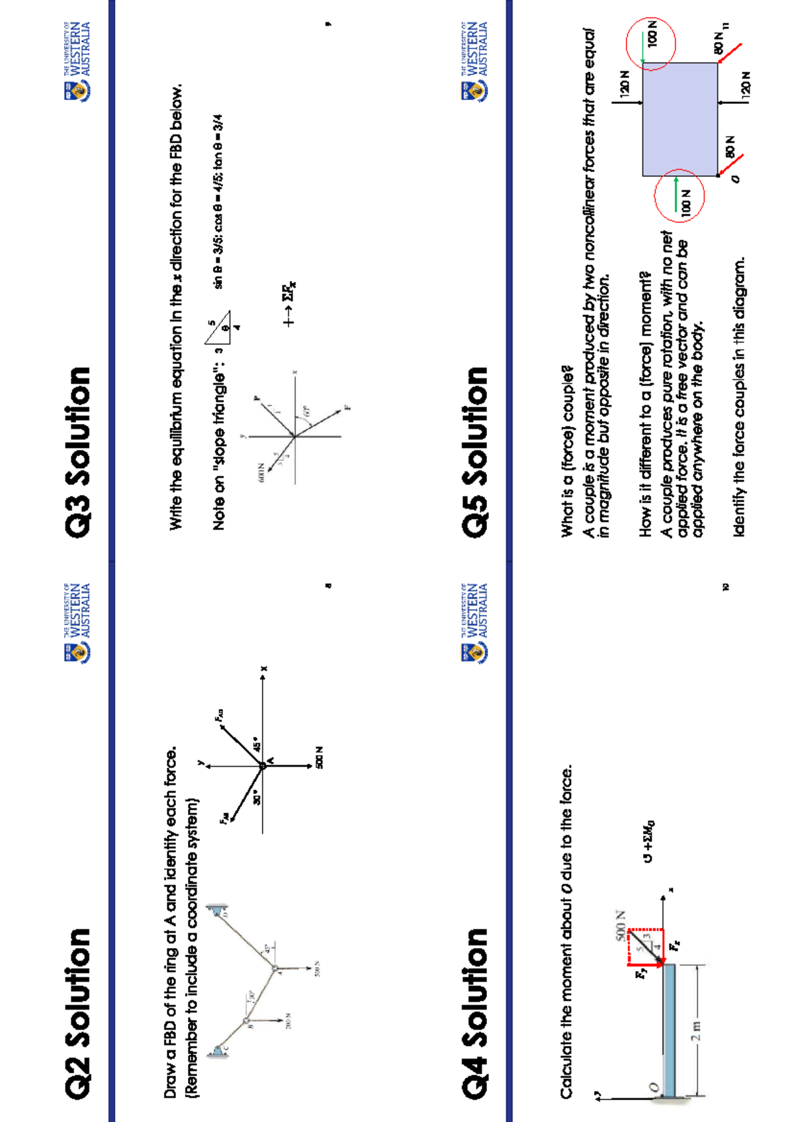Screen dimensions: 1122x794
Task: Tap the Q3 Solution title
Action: coord(77,451)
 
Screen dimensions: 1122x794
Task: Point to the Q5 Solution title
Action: coord(475,451)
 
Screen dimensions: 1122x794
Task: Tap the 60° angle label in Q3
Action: coord(306,411)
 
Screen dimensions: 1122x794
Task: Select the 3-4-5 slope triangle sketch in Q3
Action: coord(218,327)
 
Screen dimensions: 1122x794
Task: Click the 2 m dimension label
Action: coord(695,1029)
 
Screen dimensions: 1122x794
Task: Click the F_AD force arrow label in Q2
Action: coord(219,715)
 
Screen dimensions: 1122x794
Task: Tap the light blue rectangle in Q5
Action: coord(680,119)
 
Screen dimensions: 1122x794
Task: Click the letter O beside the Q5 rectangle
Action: coord(734,179)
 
